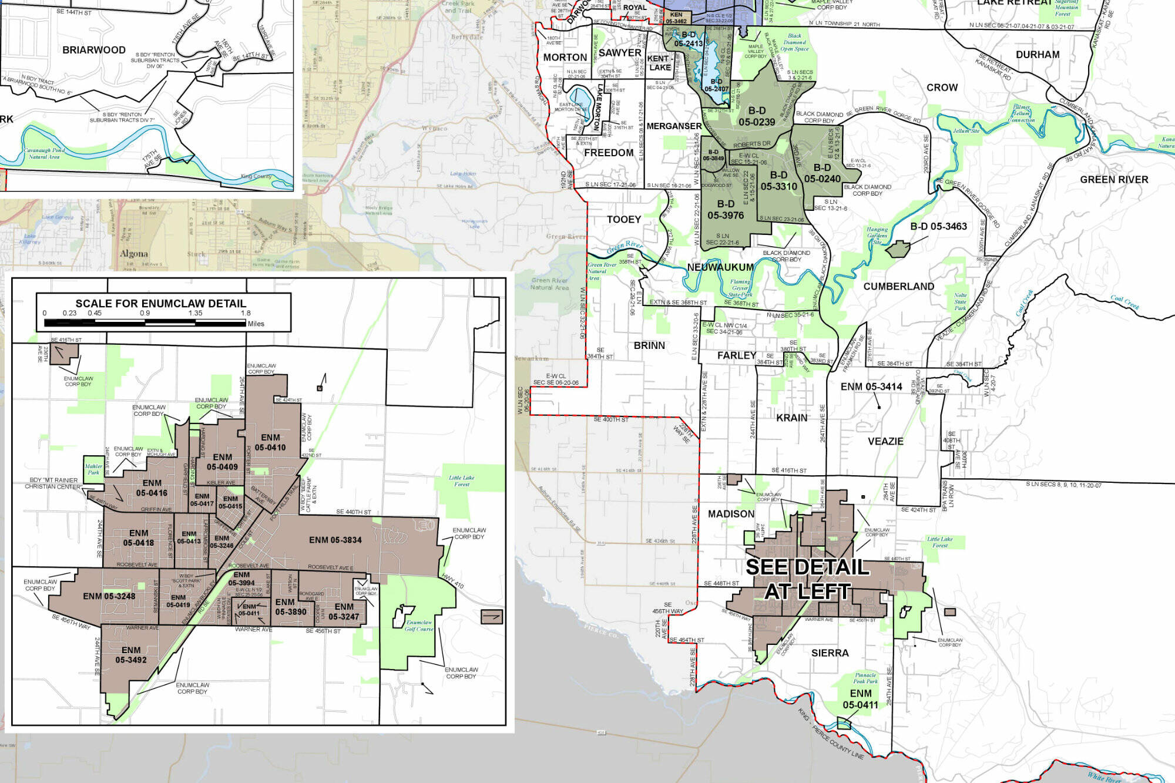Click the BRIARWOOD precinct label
tap(94, 50)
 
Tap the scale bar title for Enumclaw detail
tap(160, 303)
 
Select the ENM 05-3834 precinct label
tap(335, 540)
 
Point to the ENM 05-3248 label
tap(109, 596)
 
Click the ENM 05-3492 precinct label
tap(131, 655)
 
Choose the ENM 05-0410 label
tap(270, 442)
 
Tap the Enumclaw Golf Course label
tap(418, 626)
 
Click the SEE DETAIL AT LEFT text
tap(807, 579)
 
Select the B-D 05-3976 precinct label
tap(726, 210)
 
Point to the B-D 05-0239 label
tap(757, 116)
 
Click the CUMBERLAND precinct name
tap(898, 287)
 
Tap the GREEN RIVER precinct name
tap(1114, 180)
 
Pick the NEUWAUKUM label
tap(720, 267)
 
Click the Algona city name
tap(134, 254)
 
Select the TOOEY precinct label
tap(624, 220)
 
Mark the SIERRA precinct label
tap(830, 653)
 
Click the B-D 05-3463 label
tap(938, 226)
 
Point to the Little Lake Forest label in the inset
tap(461, 481)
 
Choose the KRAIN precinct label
tap(792, 418)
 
